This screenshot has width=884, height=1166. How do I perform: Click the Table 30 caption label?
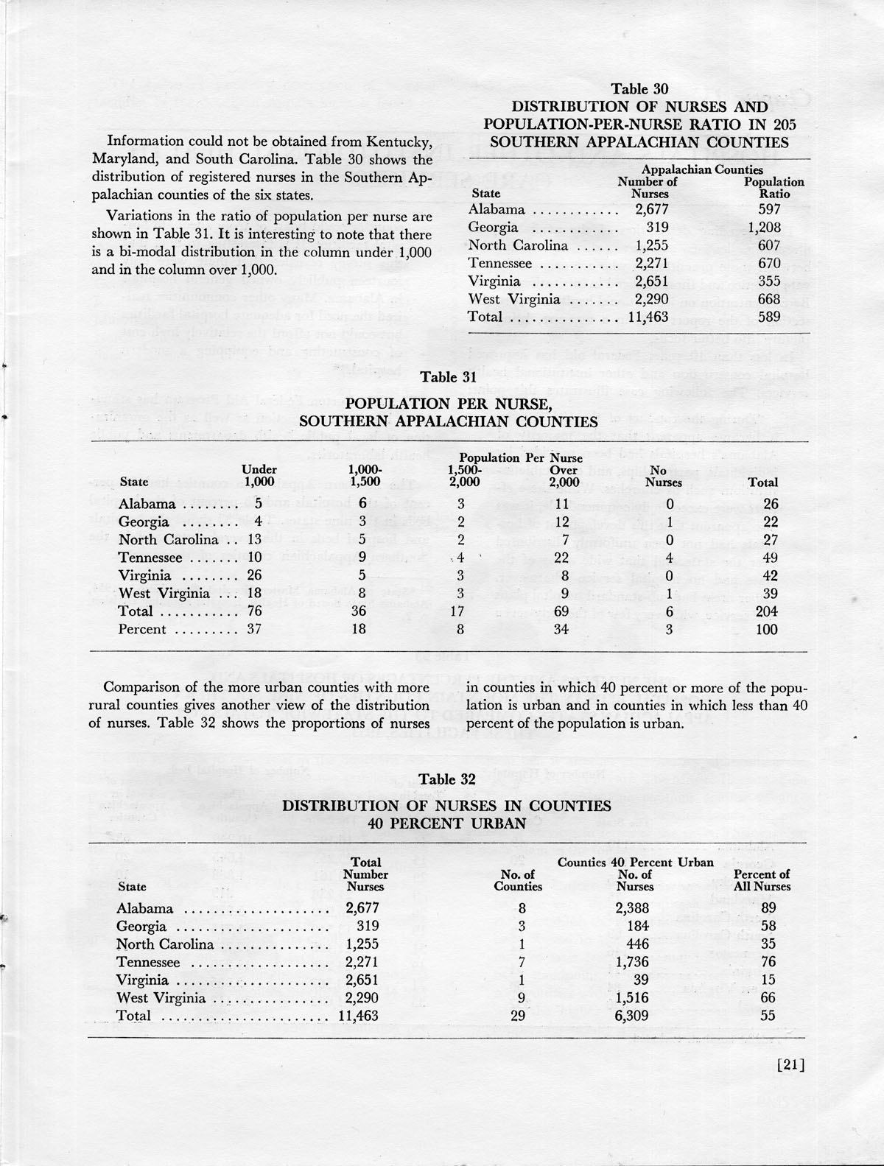pyautogui.click(x=639, y=89)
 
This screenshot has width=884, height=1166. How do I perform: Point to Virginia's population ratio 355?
pyautogui.click(x=769, y=281)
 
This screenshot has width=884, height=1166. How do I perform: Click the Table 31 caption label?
pyautogui.click(x=448, y=377)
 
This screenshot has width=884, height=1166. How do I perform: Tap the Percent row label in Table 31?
pyautogui.click(x=142, y=629)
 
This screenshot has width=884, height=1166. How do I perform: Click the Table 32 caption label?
pyautogui.click(x=447, y=779)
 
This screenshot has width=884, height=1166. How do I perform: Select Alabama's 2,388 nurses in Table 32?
pyautogui.click(x=632, y=908)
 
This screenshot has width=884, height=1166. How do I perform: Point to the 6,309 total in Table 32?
pyautogui.click(x=632, y=1016)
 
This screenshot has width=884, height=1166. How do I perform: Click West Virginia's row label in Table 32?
pyautogui.click(x=161, y=998)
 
